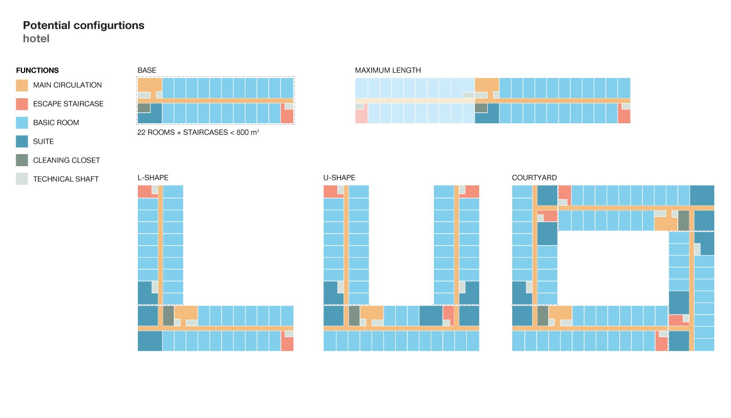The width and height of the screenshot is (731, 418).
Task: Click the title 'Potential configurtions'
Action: (x=84, y=25)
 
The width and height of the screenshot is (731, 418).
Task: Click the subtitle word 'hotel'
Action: (x=36, y=39)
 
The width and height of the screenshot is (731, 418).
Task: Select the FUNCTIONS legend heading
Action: (x=38, y=71)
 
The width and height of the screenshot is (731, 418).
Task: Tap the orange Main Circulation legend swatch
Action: (x=22, y=85)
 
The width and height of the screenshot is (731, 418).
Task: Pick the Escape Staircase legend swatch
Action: (x=22, y=104)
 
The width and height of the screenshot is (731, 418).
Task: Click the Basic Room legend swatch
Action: (x=22, y=123)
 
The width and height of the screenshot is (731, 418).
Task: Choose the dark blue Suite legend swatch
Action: (x=22, y=142)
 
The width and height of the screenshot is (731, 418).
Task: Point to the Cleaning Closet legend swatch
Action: (x=22, y=160)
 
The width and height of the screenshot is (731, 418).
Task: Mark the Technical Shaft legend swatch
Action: (x=22, y=179)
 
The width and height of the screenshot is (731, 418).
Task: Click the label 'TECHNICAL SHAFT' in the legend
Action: (x=66, y=179)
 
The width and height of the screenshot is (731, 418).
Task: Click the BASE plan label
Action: (x=147, y=71)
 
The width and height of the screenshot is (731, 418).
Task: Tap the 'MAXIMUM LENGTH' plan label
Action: (x=388, y=71)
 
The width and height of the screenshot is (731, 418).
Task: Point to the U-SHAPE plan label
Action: (x=339, y=178)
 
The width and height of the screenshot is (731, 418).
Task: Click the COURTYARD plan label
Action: (x=534, y=178)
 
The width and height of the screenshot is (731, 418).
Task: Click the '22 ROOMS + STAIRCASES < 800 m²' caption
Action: (x=198, y=133)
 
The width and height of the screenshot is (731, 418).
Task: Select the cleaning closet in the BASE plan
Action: (x=144, y=108)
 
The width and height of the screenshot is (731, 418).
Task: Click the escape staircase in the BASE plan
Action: (x=287, y=116)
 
